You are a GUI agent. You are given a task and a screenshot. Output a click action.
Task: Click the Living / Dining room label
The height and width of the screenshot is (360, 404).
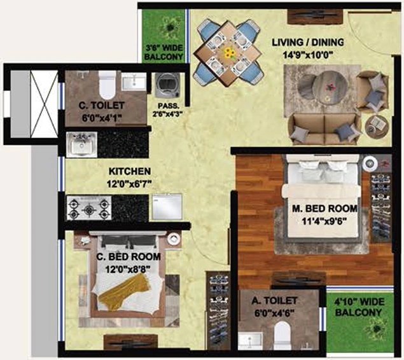coord(308,43)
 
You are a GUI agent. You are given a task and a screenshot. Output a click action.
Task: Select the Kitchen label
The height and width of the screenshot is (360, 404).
coord(129,172)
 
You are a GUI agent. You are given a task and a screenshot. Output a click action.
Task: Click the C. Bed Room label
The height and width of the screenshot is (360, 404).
coord(128,257)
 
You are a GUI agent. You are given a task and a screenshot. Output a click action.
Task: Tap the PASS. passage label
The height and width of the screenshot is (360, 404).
coord(165,106)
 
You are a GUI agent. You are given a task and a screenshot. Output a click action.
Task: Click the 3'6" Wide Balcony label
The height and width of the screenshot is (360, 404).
coord(164,52)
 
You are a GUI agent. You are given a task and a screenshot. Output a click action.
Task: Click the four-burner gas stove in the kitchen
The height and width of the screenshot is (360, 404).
coord(89,207)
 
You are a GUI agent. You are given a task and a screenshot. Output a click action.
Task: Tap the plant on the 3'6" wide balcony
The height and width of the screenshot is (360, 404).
coord(169,27)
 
